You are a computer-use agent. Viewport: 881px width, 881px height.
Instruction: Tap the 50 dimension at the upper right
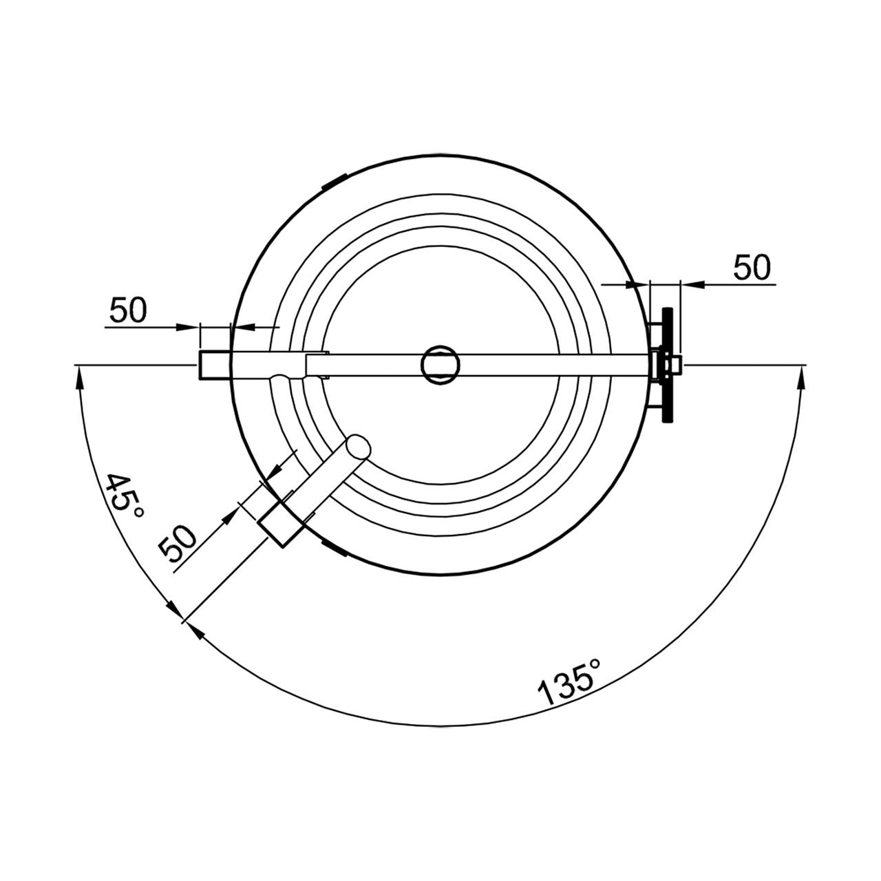tap(752, 268)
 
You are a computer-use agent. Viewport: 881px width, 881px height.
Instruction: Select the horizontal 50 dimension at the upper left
tap(129, 310)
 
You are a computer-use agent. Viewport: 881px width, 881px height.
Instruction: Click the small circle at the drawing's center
tap(439, 364)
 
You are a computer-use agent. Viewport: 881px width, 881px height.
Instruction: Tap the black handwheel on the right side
tap(668, 364)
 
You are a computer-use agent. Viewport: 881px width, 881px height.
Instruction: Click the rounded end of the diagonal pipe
tap(359, 447)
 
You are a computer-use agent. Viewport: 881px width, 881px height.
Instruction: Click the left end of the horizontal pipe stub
tap(200, 364)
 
